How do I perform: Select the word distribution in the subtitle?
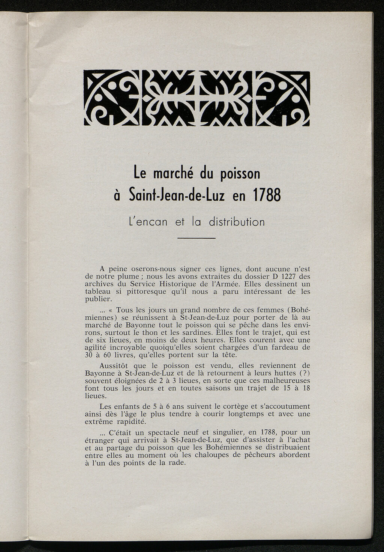point(237,222)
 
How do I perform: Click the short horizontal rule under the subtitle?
point(196,239)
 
